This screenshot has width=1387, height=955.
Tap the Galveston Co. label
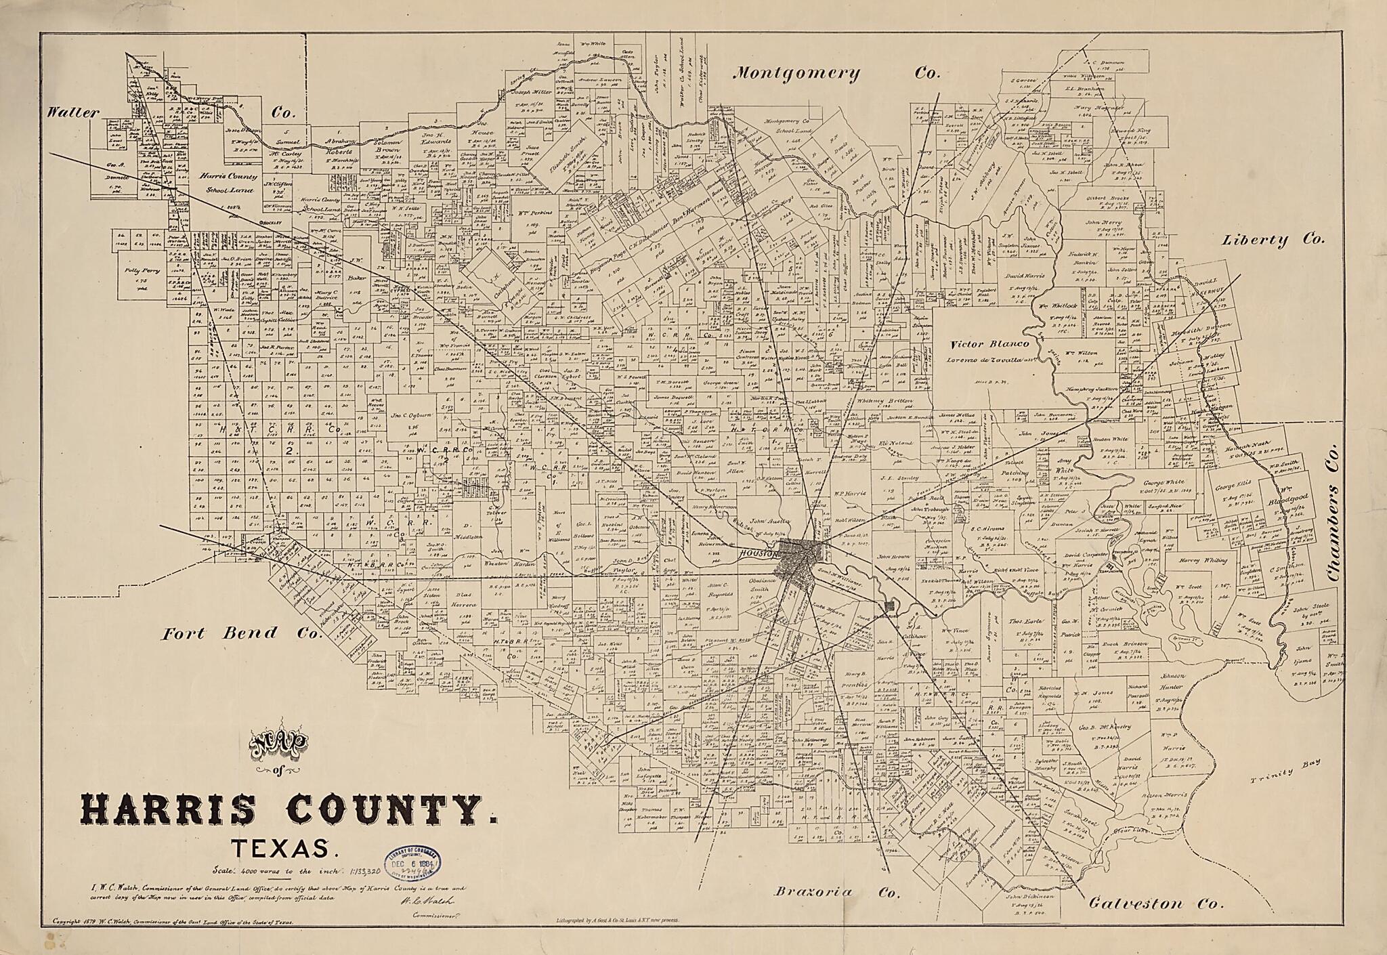1155,904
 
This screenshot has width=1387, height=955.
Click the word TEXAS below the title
280,849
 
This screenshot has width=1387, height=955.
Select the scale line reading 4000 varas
284,870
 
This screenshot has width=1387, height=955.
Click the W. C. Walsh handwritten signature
428,900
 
